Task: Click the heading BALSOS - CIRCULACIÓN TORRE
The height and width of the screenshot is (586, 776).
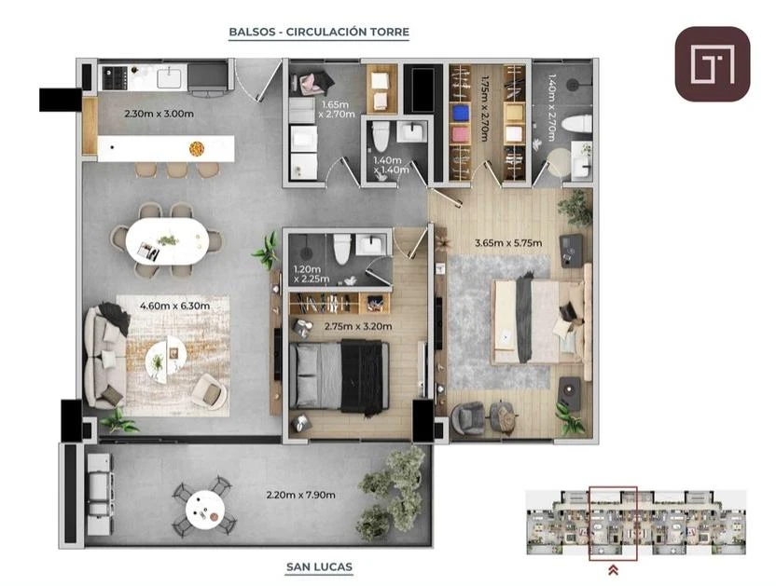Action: tap(319, 33)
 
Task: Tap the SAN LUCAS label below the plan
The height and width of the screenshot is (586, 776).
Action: tap(319, 566)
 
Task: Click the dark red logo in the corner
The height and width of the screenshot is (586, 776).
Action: tap(713, 64)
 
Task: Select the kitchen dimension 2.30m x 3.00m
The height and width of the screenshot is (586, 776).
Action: tap(159, 114)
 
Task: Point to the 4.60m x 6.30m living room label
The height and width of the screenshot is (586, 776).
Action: tap(174, 307)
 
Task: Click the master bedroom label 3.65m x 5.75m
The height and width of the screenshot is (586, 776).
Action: tap(508, 243)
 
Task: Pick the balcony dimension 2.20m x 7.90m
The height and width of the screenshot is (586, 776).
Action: tap(300, 495)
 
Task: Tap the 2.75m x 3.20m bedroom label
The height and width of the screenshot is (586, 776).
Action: tap(358, 326)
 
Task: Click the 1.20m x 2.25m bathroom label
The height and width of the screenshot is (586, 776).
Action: tap(312, 274)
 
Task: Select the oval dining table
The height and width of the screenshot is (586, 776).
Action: tap(167, 242)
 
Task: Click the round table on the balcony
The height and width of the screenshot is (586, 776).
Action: tap(205, 510)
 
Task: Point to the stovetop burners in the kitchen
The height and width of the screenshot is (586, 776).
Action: tap(115, 78)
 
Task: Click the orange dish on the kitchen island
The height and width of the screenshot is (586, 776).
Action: tap(197, 148)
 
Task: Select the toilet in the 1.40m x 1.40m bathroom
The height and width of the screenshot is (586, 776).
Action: tap(381, 136)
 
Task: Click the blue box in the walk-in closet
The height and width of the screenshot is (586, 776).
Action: tap(461, 112)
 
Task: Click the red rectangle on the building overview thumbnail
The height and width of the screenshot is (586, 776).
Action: tap(613, 524)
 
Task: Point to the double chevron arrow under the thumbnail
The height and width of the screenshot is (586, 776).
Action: tap(613, 570)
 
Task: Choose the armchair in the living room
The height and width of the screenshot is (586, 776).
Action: tap(209, 391)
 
